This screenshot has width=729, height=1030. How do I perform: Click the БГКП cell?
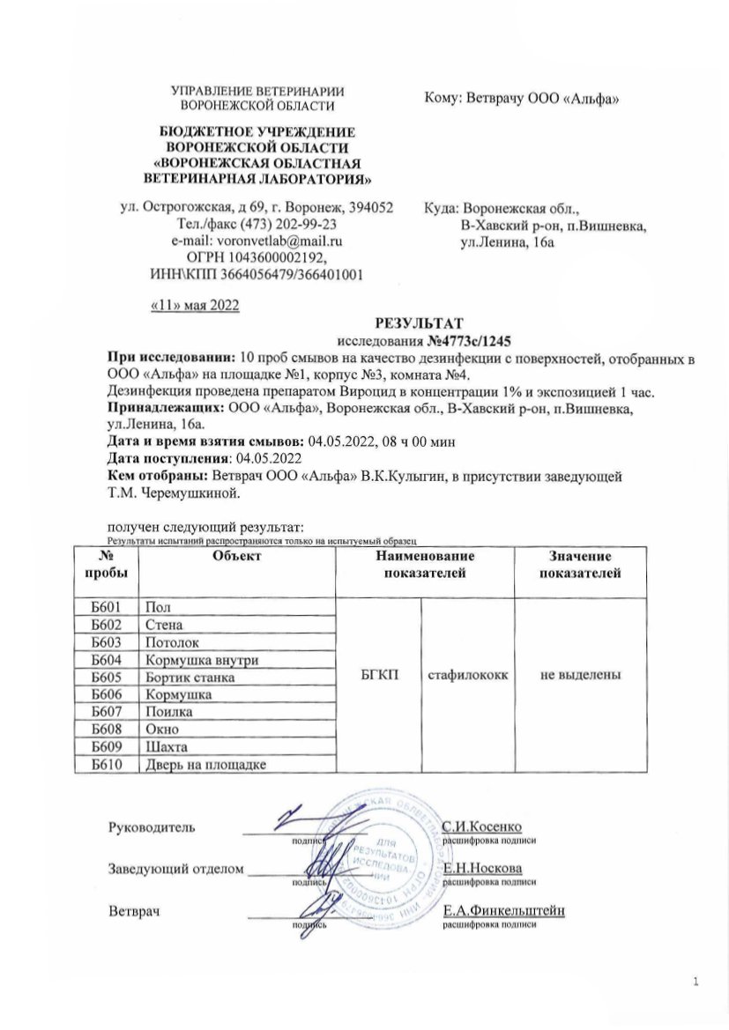click(x=380, y=677)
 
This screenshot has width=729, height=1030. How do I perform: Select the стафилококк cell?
click(x=468, y=677)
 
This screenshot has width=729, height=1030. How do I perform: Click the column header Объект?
click(x=237, y=557)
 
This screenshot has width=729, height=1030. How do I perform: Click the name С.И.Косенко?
click(x=482, y=827)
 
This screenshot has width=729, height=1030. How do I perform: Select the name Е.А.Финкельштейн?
click(x=503, y=911)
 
